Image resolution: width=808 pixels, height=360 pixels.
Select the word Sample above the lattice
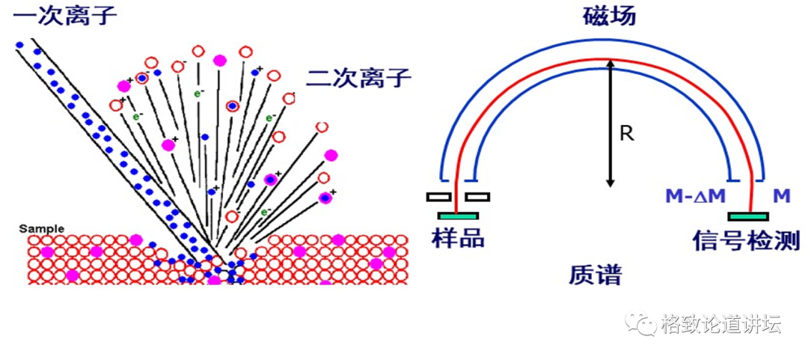(42, 228)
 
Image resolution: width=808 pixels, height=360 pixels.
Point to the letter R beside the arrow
(627, 134)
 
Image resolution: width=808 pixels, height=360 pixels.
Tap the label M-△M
(695, 197)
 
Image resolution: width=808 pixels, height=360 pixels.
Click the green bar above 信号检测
(748, 216)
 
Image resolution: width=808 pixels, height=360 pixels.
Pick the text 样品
(458, 237)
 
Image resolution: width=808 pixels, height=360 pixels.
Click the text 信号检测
(747, 240)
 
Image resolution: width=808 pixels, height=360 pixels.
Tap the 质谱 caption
(595, 274)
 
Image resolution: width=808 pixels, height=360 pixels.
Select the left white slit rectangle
(439, 198)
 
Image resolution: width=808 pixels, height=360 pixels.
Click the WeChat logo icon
(640, 323)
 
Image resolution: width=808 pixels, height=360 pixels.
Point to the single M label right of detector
(782, 197)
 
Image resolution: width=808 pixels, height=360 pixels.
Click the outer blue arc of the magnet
(609, 37)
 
